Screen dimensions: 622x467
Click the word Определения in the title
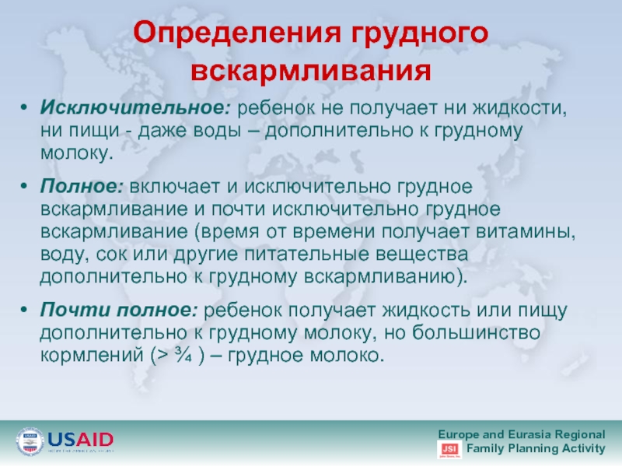tap(237, 33)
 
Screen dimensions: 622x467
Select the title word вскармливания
tap(311, 70)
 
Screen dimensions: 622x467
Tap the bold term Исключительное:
tap(135, 107)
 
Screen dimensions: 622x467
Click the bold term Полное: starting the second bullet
tap(82, 186)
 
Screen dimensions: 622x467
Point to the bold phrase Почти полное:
tap(119, 310)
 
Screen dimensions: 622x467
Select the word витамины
tap(526, 232)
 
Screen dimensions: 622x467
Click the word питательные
tap(306, 255)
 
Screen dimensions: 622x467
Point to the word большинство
tap(476, 332)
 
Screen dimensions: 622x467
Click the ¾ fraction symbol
tap(183, 355)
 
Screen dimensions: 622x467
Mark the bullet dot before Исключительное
tap(24, 108)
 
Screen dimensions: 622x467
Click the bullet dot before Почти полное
tap(24, 310)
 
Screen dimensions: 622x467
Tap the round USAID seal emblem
tap(30, 441)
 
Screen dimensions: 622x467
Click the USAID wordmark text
tap(81, 440)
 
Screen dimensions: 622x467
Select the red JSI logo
tap(449, 449)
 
